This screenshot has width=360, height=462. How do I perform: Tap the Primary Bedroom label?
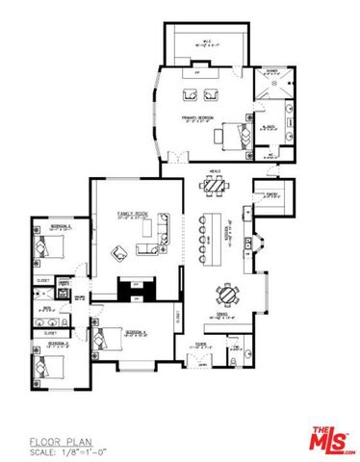point(196,118)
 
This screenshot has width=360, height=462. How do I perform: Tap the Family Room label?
point(132,212)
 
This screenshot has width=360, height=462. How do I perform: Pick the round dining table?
point(227,295)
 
